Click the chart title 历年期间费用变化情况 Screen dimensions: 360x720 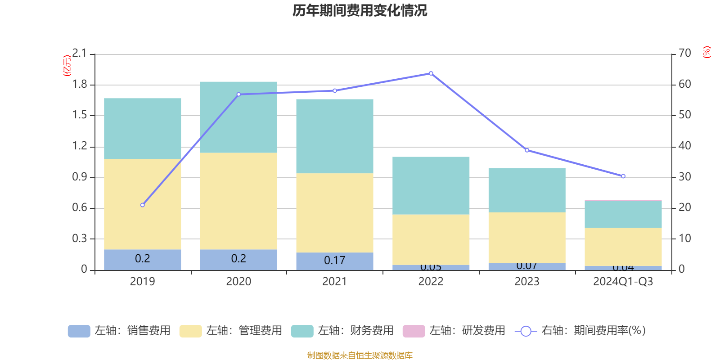click(x=360, y=10)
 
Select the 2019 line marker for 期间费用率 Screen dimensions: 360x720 click(x=143, y=205)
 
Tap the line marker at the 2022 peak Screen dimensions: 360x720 click(x=431, y=73)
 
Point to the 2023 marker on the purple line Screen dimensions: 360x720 click(x=527, y=150)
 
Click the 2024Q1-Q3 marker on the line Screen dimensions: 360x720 click(x=623, y=176)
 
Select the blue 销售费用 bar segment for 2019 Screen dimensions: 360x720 click(x=143, y=260)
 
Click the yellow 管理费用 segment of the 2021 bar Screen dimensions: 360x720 click(x=335, y=212)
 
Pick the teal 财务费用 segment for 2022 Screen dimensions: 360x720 click(x=431, y=185)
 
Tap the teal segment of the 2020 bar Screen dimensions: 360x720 click(x=238, y=117)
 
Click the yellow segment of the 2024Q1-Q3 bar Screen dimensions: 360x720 click(x=623, y=247)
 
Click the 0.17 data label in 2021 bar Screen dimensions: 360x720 click(x=335, y=261)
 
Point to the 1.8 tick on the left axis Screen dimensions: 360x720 click(x=80, y=85)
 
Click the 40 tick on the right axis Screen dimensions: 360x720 click(x=684, y=146)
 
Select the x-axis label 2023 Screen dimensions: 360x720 click(x=527, y=282)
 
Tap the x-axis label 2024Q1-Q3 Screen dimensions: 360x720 click(x=623, y=282)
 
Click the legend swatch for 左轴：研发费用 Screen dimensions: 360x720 click(x=414, y=331)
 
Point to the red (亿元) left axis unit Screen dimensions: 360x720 click(x=67, y=66)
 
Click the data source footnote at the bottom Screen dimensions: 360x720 click(x=360, y=355)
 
